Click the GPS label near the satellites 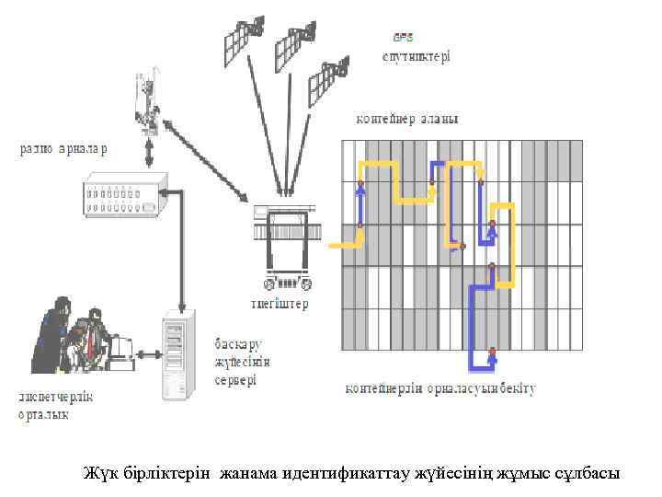[404, 38]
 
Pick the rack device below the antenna [121, 195]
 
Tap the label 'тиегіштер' [280, 304]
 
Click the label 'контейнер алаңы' [407, 120]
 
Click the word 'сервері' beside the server [237, 379]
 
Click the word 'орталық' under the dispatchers [43, 415]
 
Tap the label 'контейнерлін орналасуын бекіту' [439, 388]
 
